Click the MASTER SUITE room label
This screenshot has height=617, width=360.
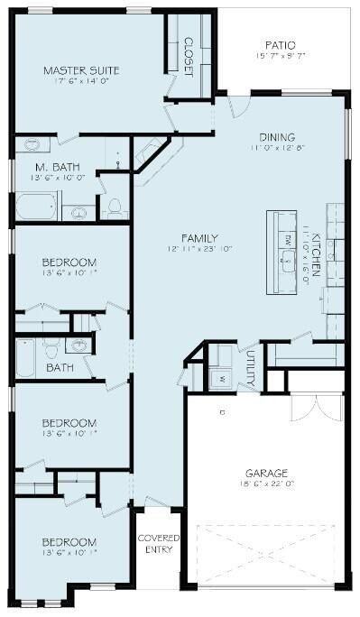[72, 69]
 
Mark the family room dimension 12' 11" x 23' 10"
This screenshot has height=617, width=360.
[189, 247]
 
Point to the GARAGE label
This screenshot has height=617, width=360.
[266, 473]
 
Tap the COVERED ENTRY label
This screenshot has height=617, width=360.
[158, 544]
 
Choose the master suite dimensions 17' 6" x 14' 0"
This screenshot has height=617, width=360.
[72, 82]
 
